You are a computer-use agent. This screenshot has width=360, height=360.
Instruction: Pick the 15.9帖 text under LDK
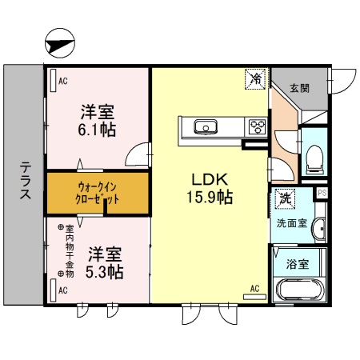click(210, 196)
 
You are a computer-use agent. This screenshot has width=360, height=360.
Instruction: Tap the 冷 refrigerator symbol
click(255, 79)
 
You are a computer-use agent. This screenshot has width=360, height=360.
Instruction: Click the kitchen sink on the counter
click(204, 126)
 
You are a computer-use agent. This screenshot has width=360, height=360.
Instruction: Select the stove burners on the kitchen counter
click(257, 126)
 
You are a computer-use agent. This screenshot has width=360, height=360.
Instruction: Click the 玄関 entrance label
click(299, 87)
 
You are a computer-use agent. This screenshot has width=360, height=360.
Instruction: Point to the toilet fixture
click(314, 158)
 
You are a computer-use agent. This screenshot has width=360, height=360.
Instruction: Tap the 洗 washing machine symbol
click(283, 197)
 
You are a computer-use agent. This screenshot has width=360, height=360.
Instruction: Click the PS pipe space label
click(322, 193)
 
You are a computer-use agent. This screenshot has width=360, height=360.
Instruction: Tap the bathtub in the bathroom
click(297, 290)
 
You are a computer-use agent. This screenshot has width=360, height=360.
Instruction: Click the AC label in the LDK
click(255, 289)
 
